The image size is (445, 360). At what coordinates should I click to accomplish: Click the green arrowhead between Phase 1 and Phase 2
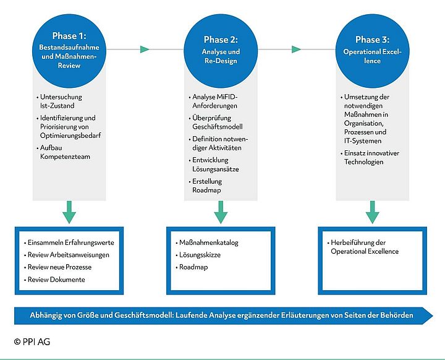tap(145, 49)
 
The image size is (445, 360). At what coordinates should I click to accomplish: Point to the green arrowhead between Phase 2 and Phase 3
tap(297, 49)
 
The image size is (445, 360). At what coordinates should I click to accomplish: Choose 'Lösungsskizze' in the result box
tap(201, 255)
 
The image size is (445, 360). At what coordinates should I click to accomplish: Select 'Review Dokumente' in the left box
tap(56, 280)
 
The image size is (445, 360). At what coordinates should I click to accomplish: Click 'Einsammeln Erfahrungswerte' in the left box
tap(70, 242)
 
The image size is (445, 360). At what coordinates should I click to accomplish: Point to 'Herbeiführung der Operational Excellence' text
tap(365, 247)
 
